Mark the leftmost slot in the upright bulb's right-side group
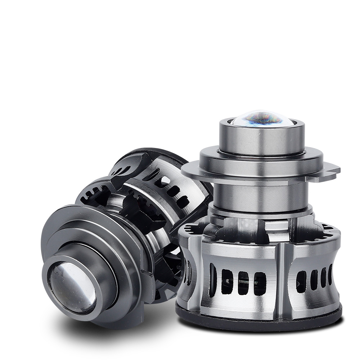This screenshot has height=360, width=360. [301, 281]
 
